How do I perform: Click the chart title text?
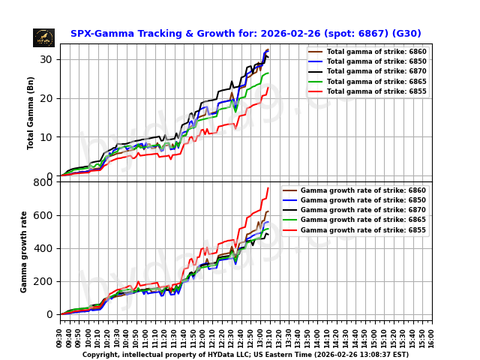[245, 34]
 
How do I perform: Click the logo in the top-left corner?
[43, 37]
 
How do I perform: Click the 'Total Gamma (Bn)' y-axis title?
[31, 112]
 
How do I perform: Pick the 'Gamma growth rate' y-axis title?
[24, 251]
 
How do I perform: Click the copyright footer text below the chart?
[245, 355]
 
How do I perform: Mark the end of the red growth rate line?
[268, 187]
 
